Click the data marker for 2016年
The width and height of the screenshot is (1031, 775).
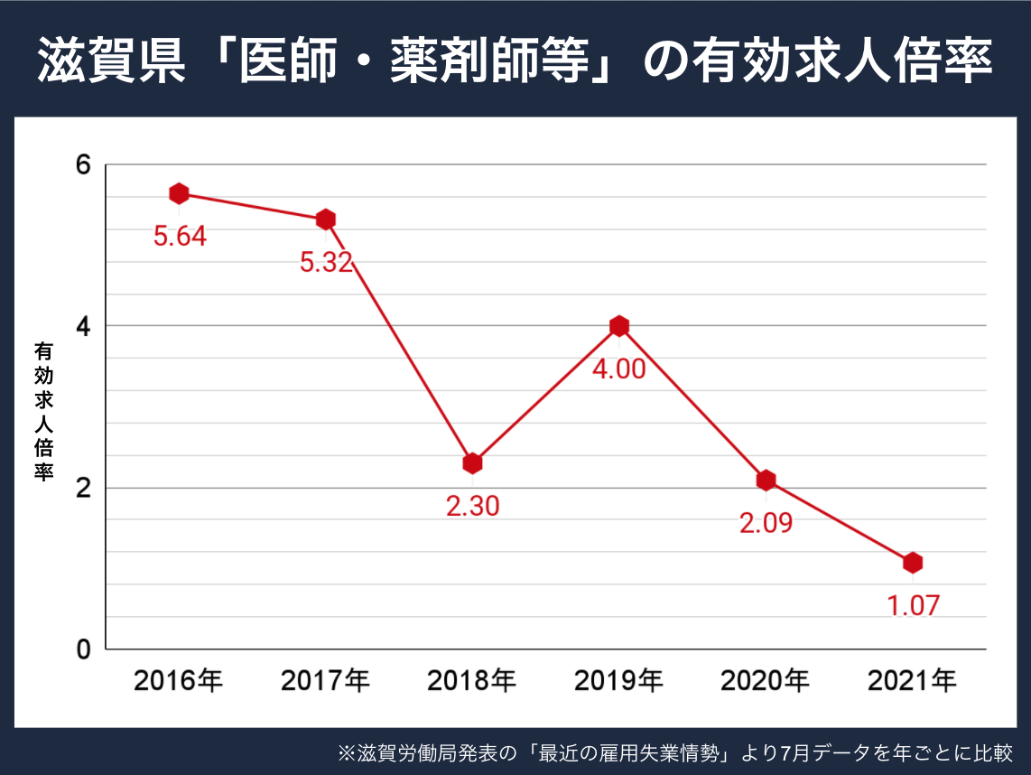click(179, 193)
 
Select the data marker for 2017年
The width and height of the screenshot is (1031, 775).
click(326, 219)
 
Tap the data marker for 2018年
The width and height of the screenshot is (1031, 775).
click(472, 463)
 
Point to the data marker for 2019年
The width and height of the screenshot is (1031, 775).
click(618, 326)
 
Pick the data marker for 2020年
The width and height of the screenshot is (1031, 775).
click(766, 480)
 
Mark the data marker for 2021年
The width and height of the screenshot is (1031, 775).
click(913, 563)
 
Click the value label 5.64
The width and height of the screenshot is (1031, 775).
click(180, 237)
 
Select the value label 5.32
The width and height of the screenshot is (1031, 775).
click(326, 263)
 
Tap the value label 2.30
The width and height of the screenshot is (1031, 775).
click(472, 506)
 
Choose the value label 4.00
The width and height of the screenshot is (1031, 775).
click(618, 369)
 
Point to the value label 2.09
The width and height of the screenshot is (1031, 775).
click(766, 523)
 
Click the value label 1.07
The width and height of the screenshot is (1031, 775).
click(913, 605)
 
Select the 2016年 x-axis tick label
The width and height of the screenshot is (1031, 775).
click(179, 681)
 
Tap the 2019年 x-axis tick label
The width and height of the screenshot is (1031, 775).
click(618, 681)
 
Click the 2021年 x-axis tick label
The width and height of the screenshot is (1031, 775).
click(913, 681)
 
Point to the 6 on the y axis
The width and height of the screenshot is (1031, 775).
click(84, 165)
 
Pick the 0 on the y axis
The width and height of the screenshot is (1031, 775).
click(84, 649)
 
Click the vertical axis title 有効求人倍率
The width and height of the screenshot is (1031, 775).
click(42, 411)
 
